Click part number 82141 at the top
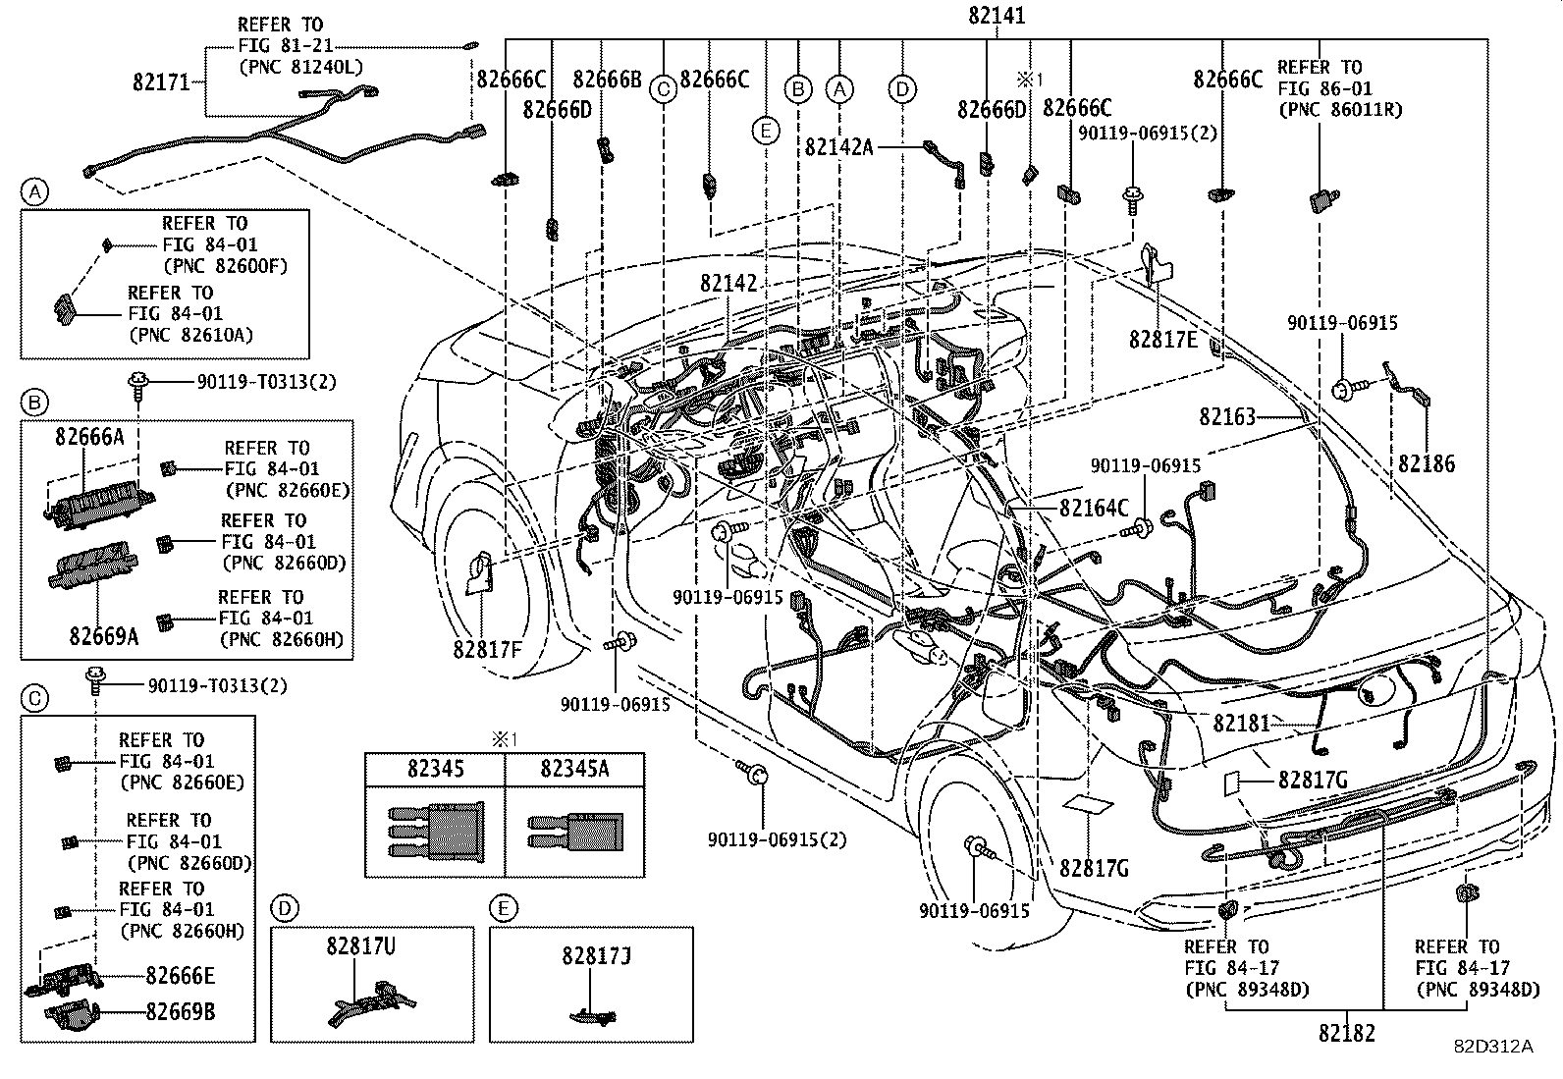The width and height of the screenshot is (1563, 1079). coord(996,17)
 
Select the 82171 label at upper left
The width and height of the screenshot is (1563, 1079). coord(161,82)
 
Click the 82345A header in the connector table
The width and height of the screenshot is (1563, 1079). coord(573,769)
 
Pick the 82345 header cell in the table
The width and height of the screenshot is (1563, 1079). coord(436,769)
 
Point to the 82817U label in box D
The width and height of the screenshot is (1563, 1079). coord(361,947)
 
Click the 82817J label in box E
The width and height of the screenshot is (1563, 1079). coord(596,953)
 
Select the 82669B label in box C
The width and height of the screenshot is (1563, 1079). coord(181,1012)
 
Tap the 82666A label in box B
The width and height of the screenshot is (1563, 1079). coord(89,437)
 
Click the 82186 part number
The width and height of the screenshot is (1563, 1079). coord(1427,463)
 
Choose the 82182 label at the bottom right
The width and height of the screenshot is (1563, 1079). coord(1346,1033)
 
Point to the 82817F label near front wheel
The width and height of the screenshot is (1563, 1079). coord(487,649)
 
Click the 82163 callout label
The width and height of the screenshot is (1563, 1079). coord(1227,416)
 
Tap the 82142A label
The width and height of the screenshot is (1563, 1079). coord(838,146)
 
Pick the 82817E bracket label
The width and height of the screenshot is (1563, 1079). coord(1162,340)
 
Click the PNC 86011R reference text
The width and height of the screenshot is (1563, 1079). coord(1340,109)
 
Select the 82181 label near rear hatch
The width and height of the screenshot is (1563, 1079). coord(1241,724)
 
